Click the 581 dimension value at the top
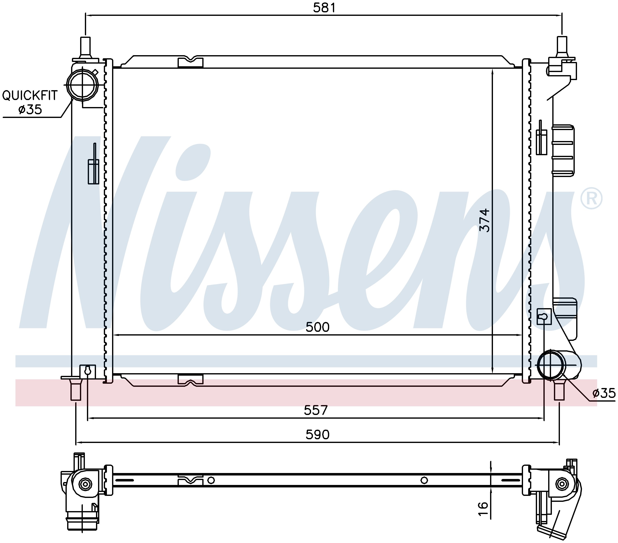pos(324,8)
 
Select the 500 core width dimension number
pos(317,327)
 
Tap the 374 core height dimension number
pos(485,220)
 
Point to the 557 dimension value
pos(316,410)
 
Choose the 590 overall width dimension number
pos(317,435)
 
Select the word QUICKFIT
pos(30,96)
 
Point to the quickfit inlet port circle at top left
pos(83,85)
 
